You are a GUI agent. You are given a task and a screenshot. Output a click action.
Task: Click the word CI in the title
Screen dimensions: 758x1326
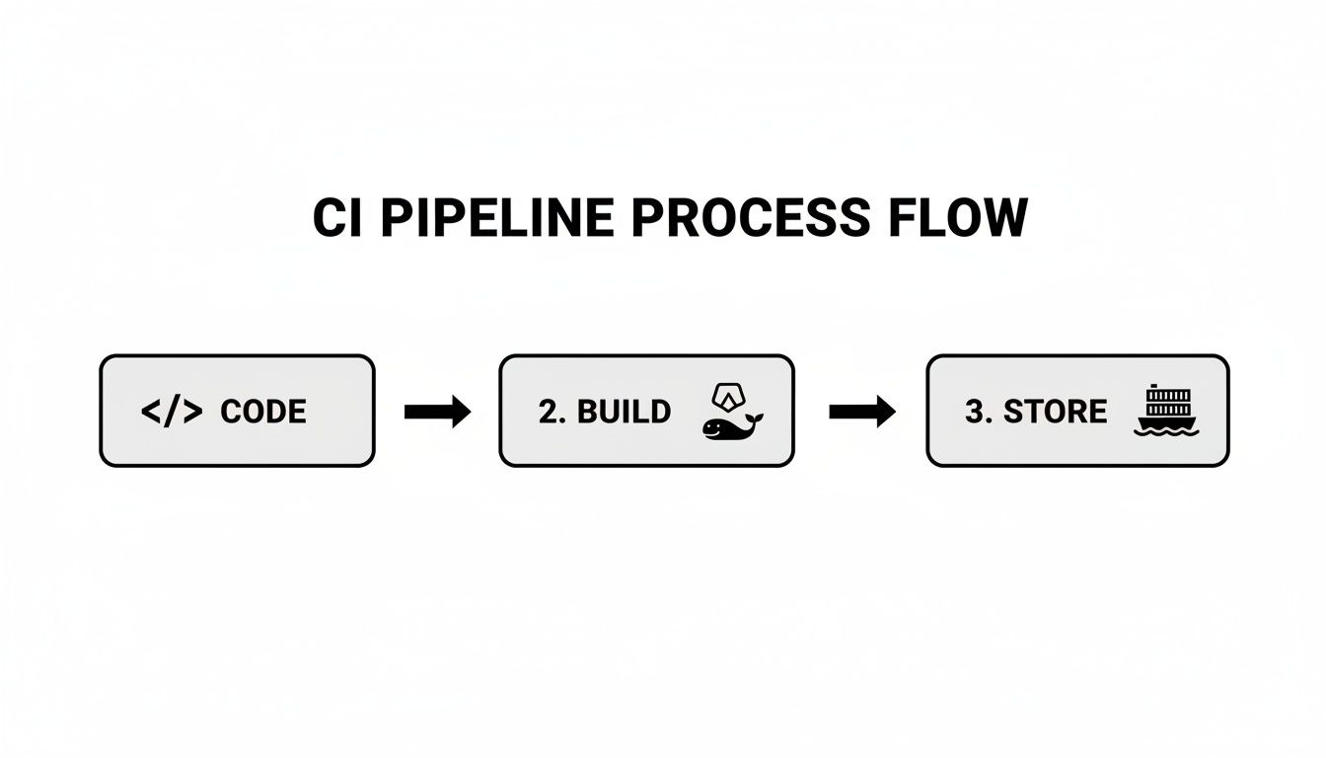[x=338, y=218]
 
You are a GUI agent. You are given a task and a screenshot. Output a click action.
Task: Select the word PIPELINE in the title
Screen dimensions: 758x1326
[x=496, y=218]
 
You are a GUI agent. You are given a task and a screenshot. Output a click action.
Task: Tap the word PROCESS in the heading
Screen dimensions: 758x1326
[x=750, y=218]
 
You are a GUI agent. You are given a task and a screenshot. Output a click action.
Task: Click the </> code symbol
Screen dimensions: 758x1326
[x=172, y=412]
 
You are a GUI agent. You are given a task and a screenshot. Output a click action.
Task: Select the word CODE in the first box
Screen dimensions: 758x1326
[x=263, y=412]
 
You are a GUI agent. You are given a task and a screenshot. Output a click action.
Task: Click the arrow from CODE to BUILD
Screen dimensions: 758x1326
[x=437, y=412]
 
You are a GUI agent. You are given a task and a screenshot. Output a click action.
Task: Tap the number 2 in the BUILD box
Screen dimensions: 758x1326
[x=547, y=412]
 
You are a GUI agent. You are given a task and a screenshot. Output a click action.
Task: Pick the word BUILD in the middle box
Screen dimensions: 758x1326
[x=624, y=412]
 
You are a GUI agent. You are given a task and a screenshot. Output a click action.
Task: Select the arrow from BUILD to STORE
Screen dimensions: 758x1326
[x=861, y=412]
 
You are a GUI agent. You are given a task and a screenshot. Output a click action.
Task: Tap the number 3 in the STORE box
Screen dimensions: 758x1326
[x=973, y=412]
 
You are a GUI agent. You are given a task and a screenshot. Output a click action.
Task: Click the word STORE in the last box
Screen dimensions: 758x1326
[x=1055, y=412]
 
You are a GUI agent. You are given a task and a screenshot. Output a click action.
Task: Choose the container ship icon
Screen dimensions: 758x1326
[x=1167, y=411]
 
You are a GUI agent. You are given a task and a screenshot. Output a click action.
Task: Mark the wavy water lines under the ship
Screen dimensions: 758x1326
[x=1167, y=430]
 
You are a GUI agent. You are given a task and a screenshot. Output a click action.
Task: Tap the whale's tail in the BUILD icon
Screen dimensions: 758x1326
[x=757, y=418]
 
